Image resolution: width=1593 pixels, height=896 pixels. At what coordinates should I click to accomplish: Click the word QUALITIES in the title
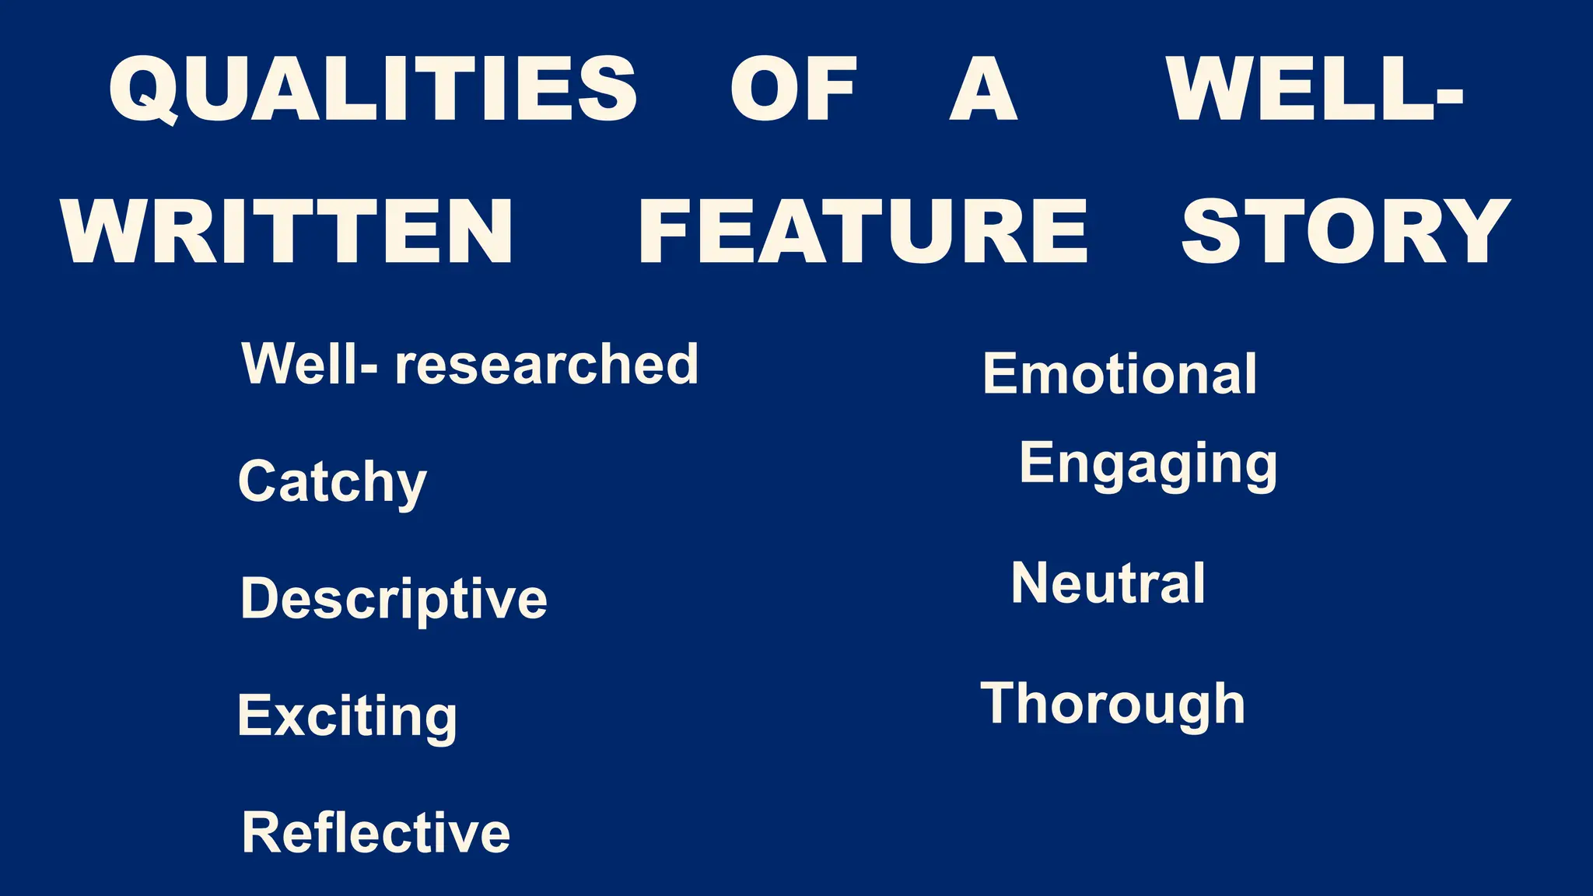point(373,89)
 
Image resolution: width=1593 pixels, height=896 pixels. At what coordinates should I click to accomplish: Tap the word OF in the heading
point(793,89)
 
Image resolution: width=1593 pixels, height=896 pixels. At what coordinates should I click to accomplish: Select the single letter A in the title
point(983,89)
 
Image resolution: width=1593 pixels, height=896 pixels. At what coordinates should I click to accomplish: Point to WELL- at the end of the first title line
point(1315,89)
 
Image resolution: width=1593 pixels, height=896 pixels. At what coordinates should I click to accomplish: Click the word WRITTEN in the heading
point(287,232)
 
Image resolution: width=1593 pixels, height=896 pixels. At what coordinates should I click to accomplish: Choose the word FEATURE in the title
point(863,232)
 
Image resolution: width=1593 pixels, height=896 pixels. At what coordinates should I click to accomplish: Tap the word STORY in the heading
point(1346,232)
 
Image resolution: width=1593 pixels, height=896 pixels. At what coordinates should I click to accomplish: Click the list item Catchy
point(332,482)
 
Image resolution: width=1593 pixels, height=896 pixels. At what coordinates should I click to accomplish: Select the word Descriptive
point(394,599)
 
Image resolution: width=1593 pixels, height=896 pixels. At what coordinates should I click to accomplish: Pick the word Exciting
point(347,716)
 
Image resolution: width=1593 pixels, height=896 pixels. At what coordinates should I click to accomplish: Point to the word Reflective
point(376,832)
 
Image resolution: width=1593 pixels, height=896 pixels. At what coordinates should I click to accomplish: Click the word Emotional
point(1119,374)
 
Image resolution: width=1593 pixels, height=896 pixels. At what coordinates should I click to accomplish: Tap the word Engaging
point(1148,464)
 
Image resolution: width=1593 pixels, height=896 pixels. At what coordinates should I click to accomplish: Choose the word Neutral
point(1108,583)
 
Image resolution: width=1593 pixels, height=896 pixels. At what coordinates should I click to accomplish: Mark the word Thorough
point(1112,704)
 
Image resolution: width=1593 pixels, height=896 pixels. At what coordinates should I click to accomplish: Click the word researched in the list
point(547,364)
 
